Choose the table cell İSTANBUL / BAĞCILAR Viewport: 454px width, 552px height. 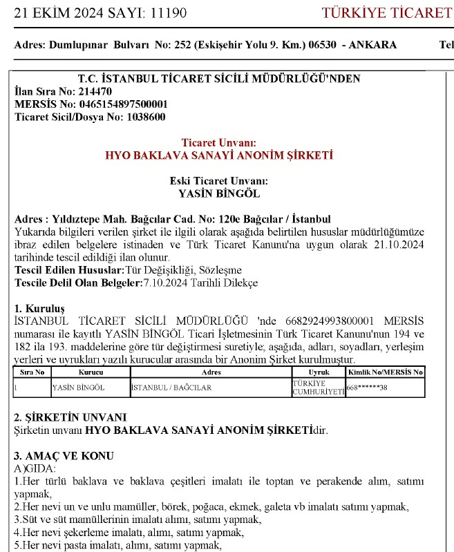coord(163,388)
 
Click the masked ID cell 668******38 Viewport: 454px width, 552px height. coord(367,388)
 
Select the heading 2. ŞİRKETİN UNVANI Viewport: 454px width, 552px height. coord(70,417)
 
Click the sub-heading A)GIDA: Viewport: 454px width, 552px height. coord(32,468)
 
